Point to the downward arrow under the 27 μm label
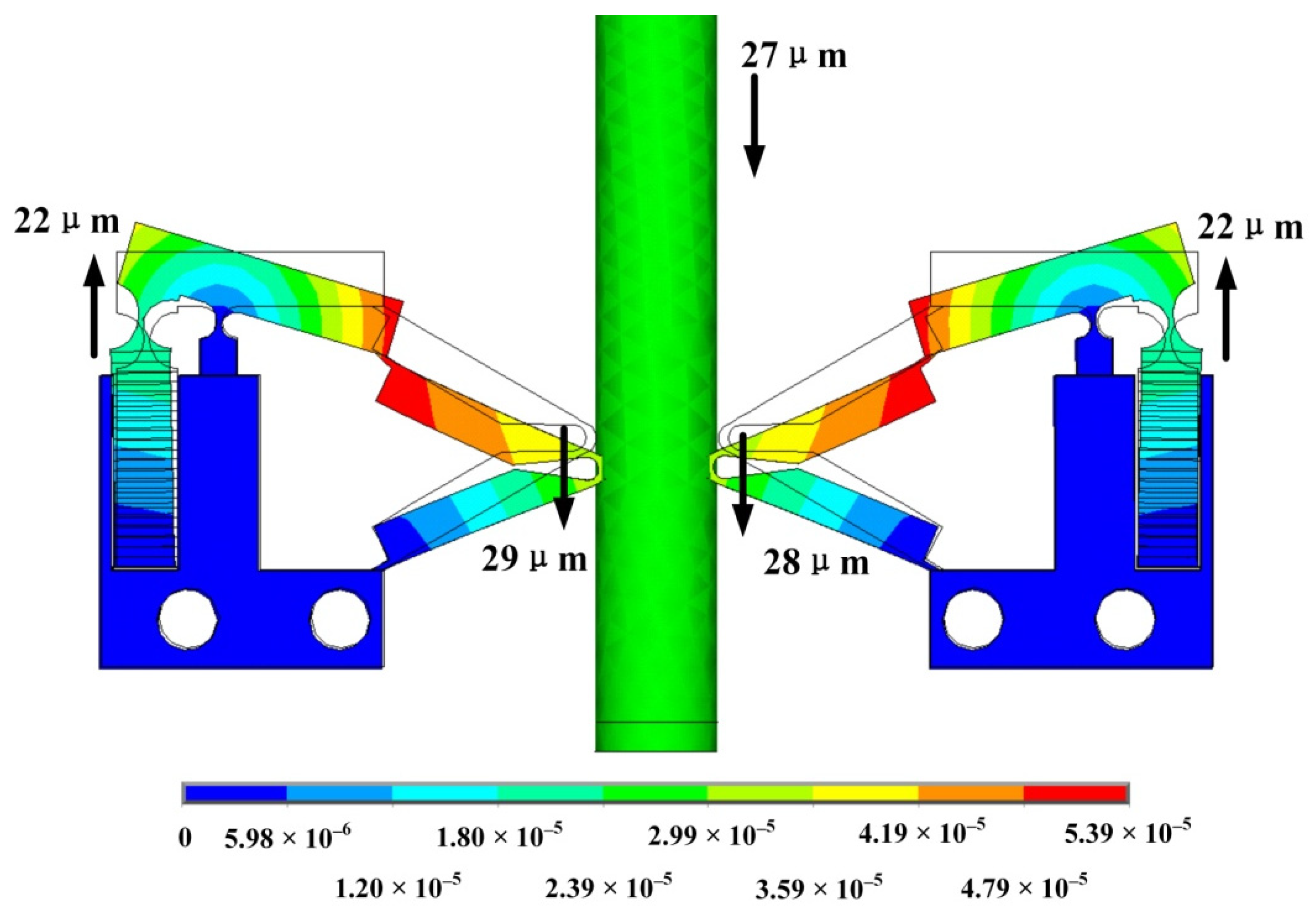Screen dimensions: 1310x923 754,126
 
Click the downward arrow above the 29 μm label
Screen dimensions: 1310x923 564,477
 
